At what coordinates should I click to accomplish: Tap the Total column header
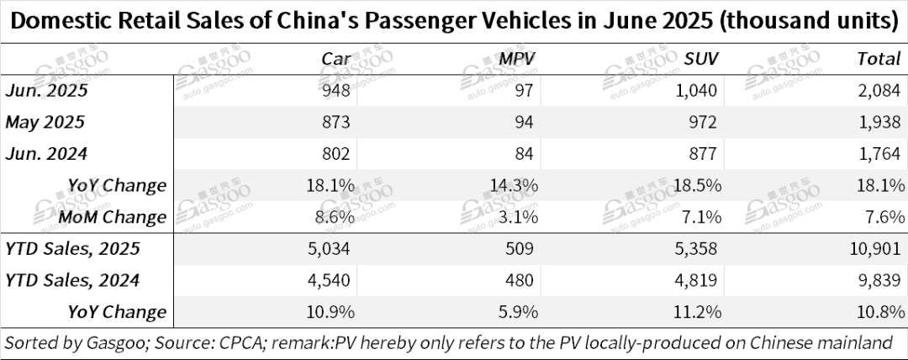880,58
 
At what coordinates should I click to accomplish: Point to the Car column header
337,58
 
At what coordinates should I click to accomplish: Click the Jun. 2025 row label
46,90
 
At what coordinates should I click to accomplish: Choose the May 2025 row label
45,122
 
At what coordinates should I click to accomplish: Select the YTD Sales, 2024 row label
72,280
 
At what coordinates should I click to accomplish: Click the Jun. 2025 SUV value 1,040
697,90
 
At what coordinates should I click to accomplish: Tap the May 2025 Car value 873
340,122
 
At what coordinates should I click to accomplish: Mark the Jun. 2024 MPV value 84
527,153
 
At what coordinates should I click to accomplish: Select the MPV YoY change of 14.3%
515,185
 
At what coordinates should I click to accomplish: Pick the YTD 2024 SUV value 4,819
698,280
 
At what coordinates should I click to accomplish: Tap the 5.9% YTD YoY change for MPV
520,312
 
